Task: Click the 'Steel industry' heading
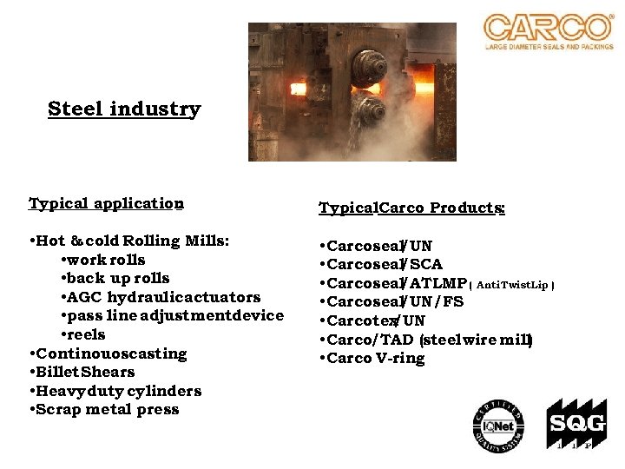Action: (124, 109)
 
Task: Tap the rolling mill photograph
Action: (352, 92)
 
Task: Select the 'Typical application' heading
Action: (106, 204)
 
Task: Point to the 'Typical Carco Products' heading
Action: (412, 208)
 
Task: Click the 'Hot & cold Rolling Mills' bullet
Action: (129, 241)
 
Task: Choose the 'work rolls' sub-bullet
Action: (103, 260)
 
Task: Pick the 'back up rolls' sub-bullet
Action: (115, 279)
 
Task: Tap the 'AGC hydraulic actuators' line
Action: (161, 297)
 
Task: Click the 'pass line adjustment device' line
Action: (172, 315)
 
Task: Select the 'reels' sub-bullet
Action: (83, 334)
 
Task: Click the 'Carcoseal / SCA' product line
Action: (381, 264)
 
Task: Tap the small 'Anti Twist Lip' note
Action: (511, 284)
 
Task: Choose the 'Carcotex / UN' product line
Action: (373, 321)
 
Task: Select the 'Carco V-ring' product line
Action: (373, 359)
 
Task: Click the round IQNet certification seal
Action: (498, 425)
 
